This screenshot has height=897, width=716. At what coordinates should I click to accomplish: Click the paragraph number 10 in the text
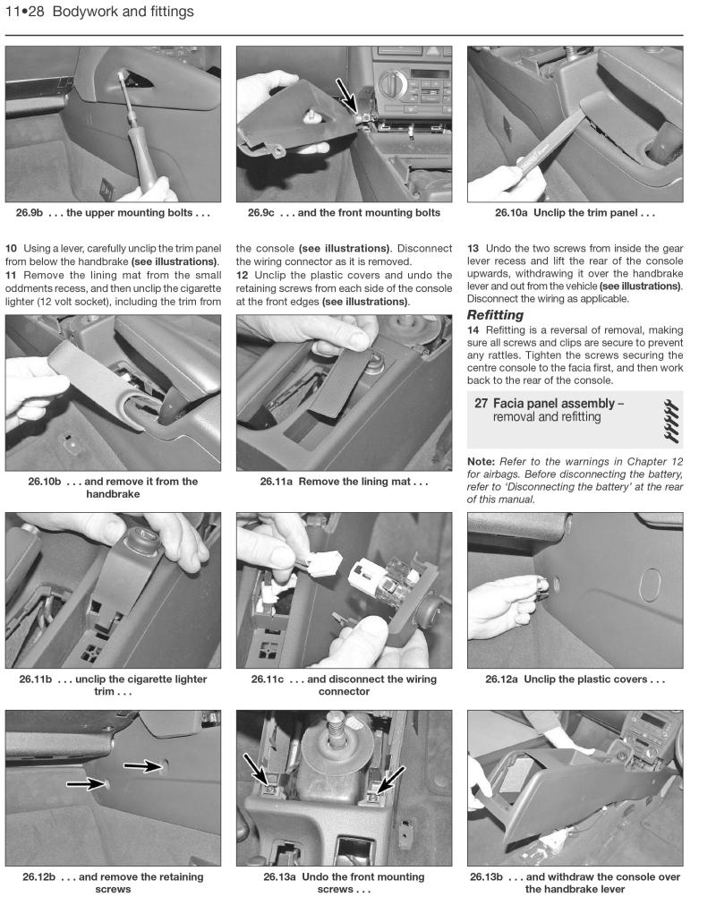12,247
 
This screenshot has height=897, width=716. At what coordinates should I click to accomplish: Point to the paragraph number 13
474,247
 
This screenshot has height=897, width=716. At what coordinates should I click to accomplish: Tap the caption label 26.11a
277,482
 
